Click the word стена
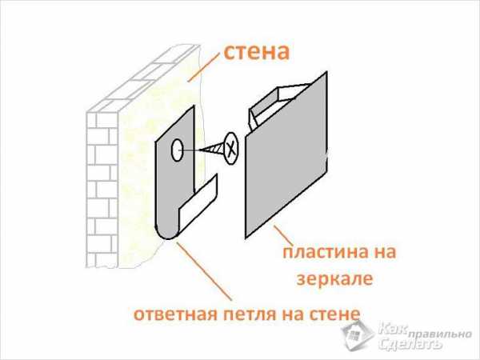(x=255, y=53)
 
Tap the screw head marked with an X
(x=230, y=147)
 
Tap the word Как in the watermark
(x=394, y=329)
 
